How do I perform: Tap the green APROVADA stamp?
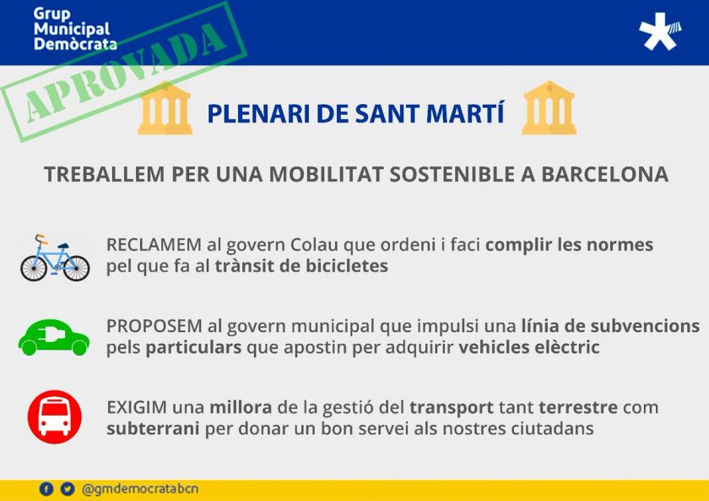[124, 72]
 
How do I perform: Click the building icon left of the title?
[165, 108]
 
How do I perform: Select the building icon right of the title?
[549, 108]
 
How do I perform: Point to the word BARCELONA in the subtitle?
[604, 175]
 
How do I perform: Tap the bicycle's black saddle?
[63, 246]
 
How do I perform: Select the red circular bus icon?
[55, 417]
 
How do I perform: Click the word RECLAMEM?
[154, 245]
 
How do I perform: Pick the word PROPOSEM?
[154, 326]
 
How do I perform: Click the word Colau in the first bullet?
[314, 245]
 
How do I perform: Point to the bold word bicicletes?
[347, 266]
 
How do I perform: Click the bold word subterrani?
[154, 428]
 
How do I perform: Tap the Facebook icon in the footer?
[46, 489]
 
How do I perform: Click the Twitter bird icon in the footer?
[68, 489]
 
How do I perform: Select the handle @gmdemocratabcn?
[140, 489]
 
